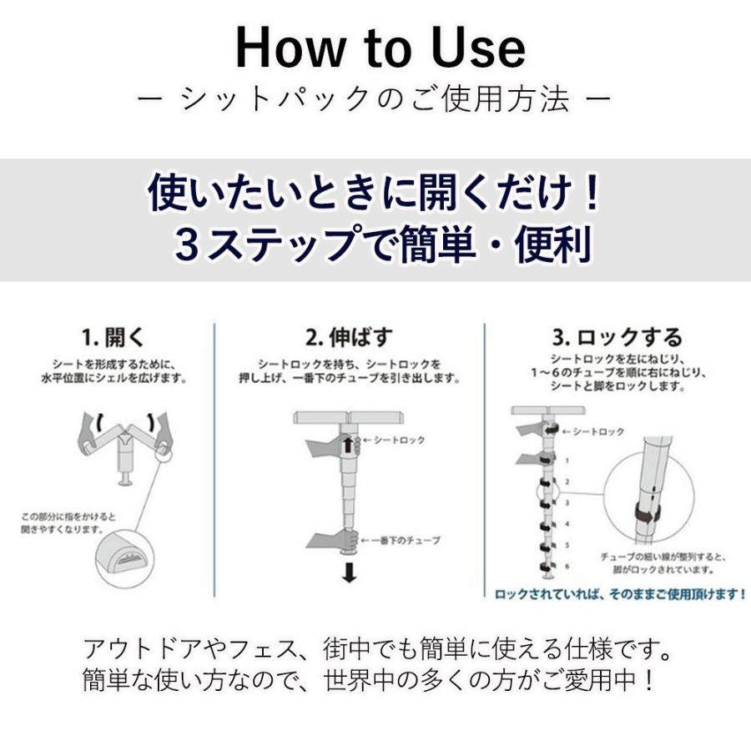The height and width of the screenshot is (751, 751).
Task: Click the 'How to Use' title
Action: [380, 48]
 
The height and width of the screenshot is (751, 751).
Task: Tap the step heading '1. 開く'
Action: [113, 338]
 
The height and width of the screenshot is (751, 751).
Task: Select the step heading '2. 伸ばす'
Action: [349, 338]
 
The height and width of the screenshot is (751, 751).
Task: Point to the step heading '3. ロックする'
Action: [617, 338]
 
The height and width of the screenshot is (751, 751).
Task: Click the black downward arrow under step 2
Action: [349, 574]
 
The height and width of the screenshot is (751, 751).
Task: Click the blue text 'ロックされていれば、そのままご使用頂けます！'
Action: [620, 594]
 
